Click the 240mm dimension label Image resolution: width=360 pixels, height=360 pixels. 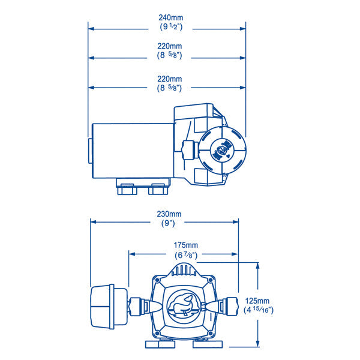[167, 17]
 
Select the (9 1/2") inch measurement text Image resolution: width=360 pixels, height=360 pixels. [167, 26]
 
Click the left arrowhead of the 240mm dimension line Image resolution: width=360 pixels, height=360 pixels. [91, 27]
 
